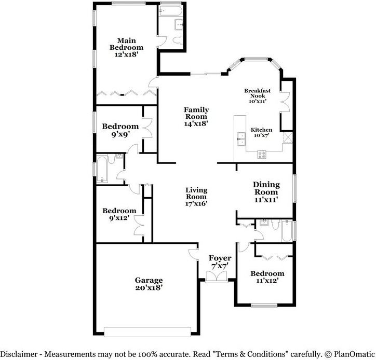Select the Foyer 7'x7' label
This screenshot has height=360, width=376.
click(x=220, y=261)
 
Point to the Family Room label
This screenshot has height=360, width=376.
click(x=196, y=117)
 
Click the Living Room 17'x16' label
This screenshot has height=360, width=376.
click(x=196, y=197)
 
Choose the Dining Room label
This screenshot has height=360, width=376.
click(x=266, y=191)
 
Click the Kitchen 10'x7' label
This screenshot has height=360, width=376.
click(x=261, y=132)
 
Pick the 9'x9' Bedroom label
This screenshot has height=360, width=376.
click(x=120, y=130)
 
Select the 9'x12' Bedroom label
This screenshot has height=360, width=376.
click(x=119, y=214)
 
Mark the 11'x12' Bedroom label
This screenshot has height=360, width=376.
click(x=267, y=276)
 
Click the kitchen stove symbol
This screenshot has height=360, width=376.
click(x=262, y=153)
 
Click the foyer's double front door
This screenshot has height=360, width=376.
click(x=214, y=279)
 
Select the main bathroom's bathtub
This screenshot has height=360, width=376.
click(x=170, y=11)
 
